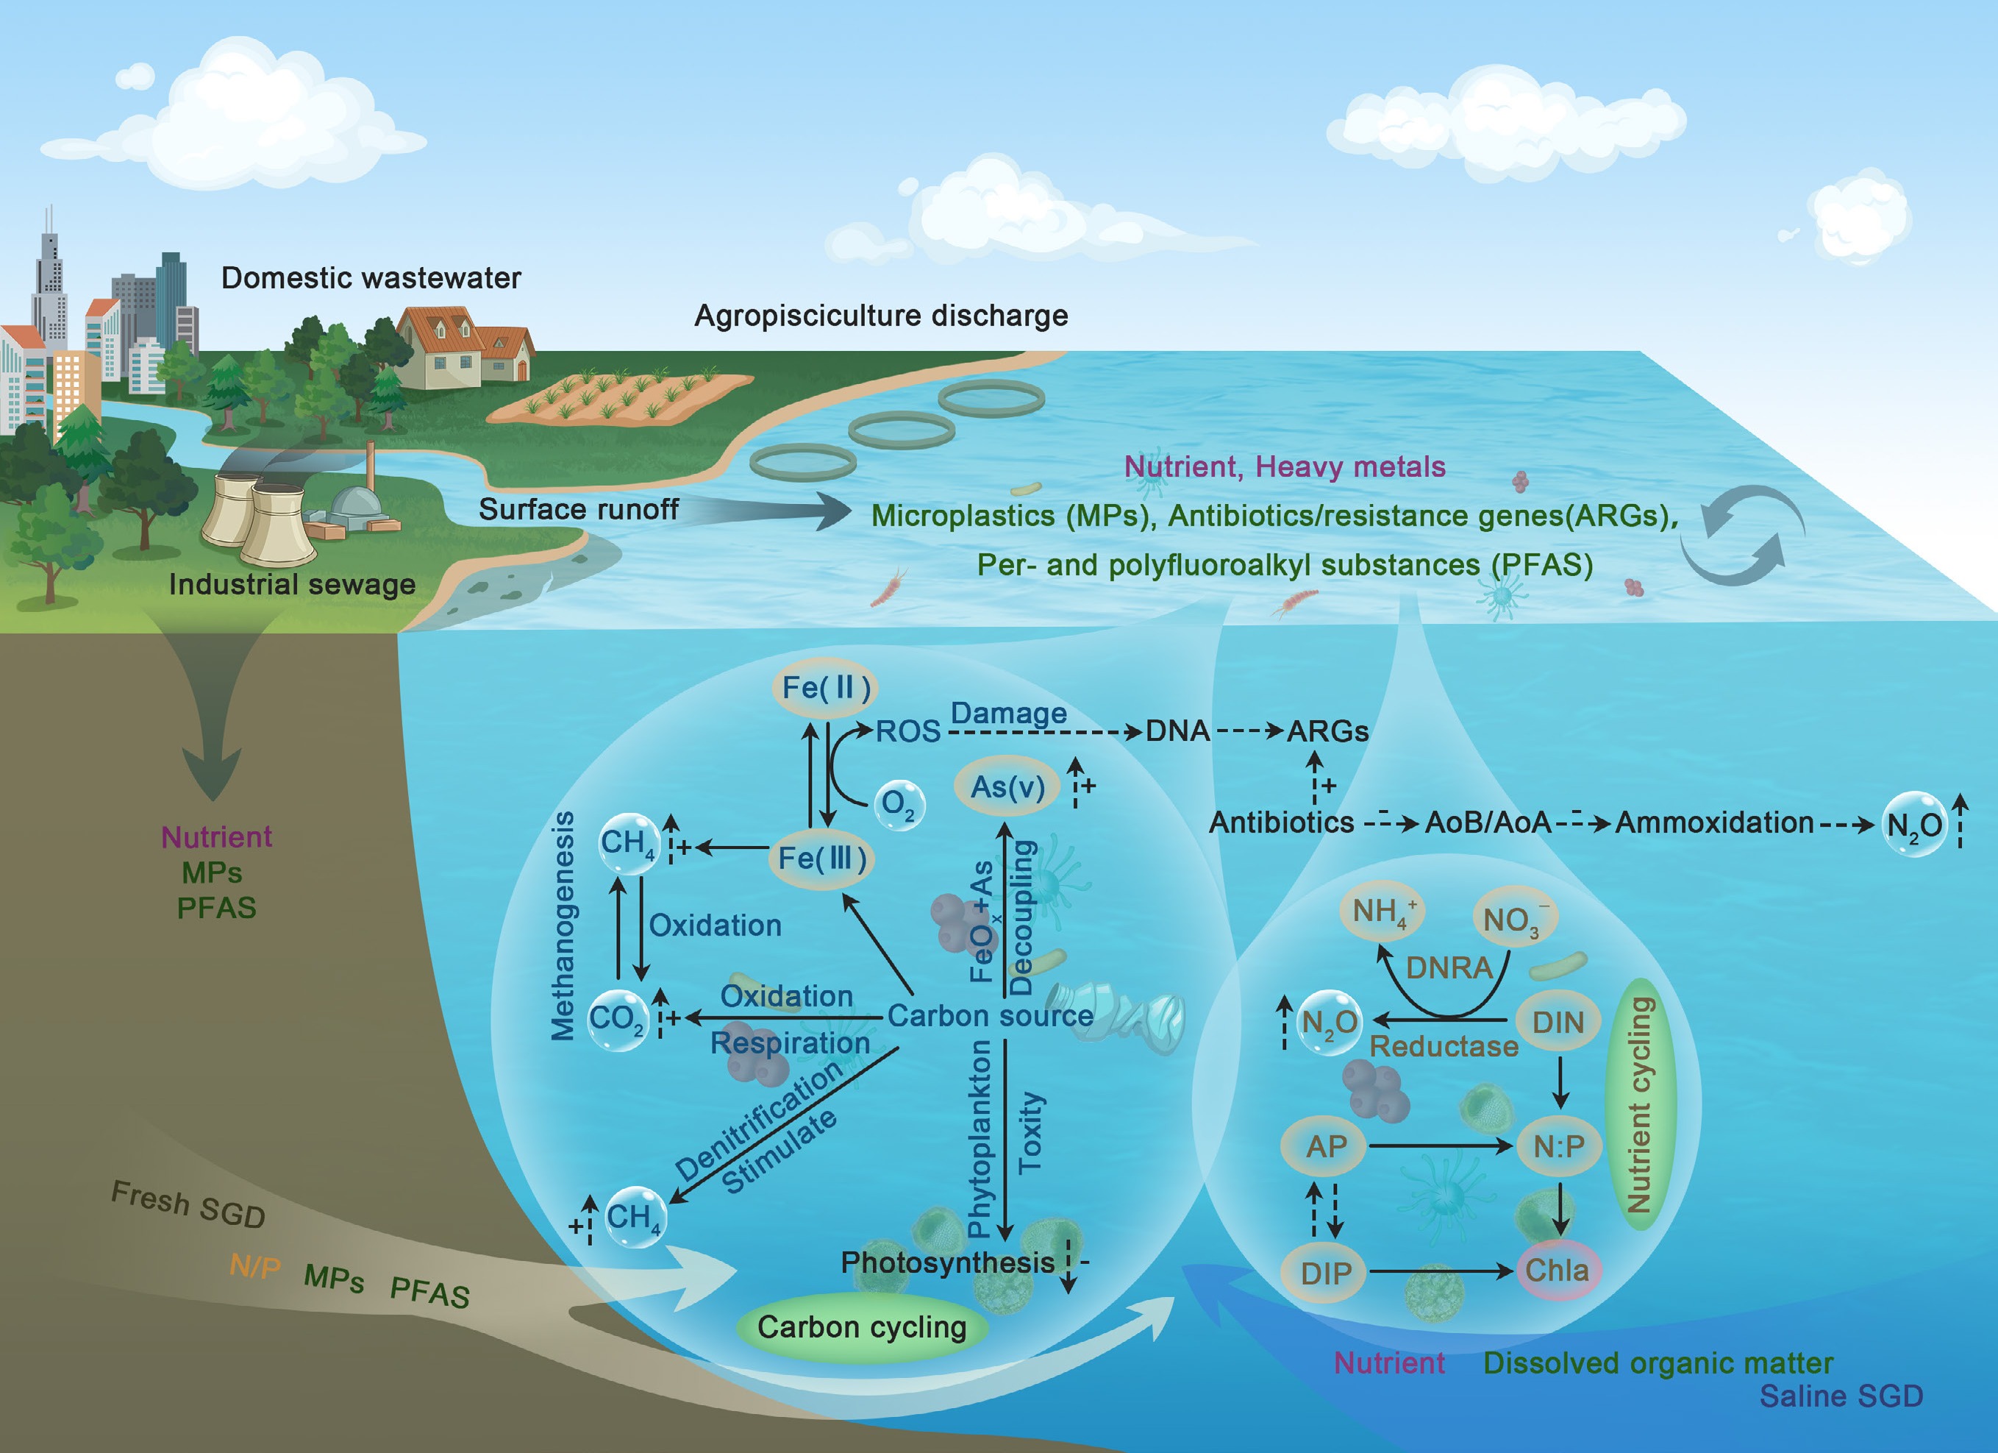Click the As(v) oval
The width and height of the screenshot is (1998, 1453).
[1007, 786]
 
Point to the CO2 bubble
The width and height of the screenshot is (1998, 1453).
[617, 1019]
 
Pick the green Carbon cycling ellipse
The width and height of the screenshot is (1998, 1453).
[862, 1326]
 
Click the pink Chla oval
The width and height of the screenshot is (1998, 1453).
[1557, 1271]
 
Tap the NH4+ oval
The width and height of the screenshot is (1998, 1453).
[1381, 911]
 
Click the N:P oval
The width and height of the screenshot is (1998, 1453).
[1558, 1146]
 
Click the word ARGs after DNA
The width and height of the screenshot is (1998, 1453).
[1327, 731]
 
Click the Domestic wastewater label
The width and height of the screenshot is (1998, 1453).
[371, 277]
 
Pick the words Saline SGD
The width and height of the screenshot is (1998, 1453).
[1841, 1396]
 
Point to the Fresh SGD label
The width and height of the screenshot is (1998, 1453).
[188, 1204]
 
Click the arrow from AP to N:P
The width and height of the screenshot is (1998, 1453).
[1441, 1145]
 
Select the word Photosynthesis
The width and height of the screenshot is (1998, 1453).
[947, 1262]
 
